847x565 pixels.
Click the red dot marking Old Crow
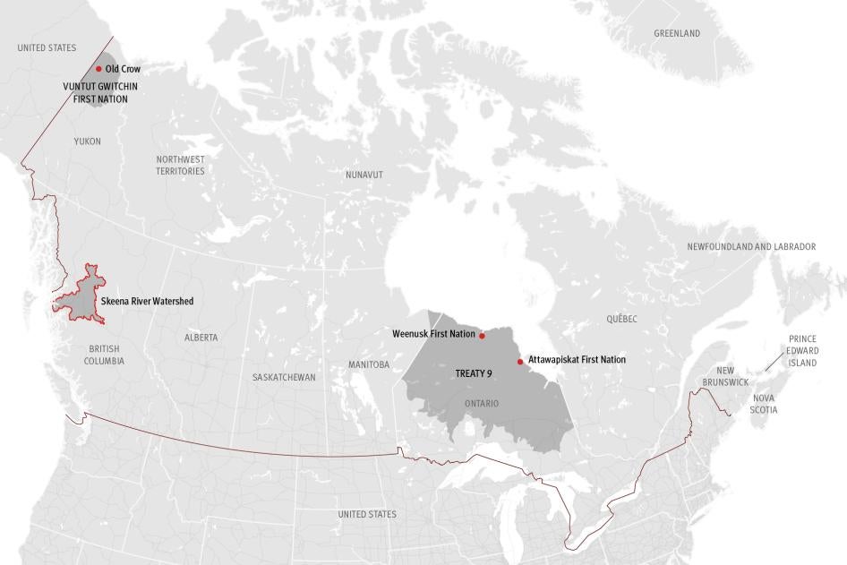(x=98, y=68)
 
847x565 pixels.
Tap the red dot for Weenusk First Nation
(x=482, y=336)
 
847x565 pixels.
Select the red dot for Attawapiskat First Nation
(x=520, y=362)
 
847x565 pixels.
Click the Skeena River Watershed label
(x=147, y=302)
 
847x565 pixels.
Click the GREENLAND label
(x=677, y=34)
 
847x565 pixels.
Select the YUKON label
(x=88, y=141)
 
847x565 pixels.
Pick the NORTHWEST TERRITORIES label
(x=180, y=165)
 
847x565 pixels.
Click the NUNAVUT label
(x=364, y=175)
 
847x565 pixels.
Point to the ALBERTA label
(x=201, y=338)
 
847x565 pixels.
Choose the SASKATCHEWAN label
(x=284, y=377)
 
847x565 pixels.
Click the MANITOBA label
(x=368, y=364)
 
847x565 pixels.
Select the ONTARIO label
(x=482, y=404)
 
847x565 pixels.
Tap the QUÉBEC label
(x=620, y=319)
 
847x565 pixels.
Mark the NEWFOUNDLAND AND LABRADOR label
(x=751, y=246)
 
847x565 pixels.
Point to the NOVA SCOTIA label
(x=765, y=403)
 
